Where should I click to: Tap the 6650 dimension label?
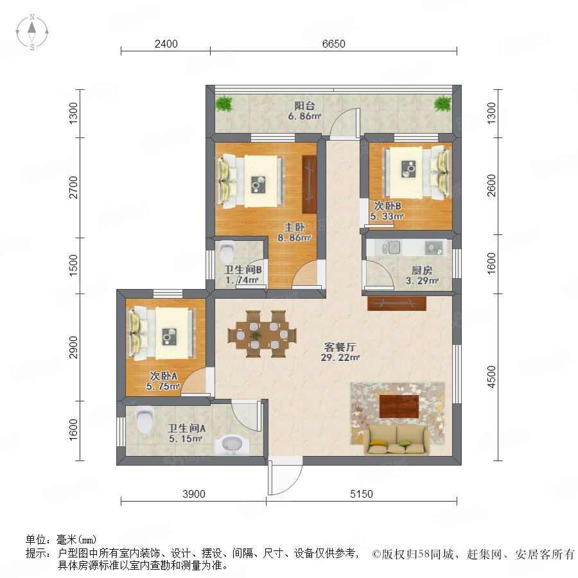(x=333, y=44)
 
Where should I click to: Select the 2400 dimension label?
(x=166, y=44)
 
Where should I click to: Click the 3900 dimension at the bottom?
(x=193, y=494)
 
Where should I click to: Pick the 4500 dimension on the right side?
(x=492, y=378)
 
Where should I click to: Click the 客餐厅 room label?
(x=341, y=347)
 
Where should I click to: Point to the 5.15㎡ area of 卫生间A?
(x=186, y=439)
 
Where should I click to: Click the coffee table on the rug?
(x=399, y=406)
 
